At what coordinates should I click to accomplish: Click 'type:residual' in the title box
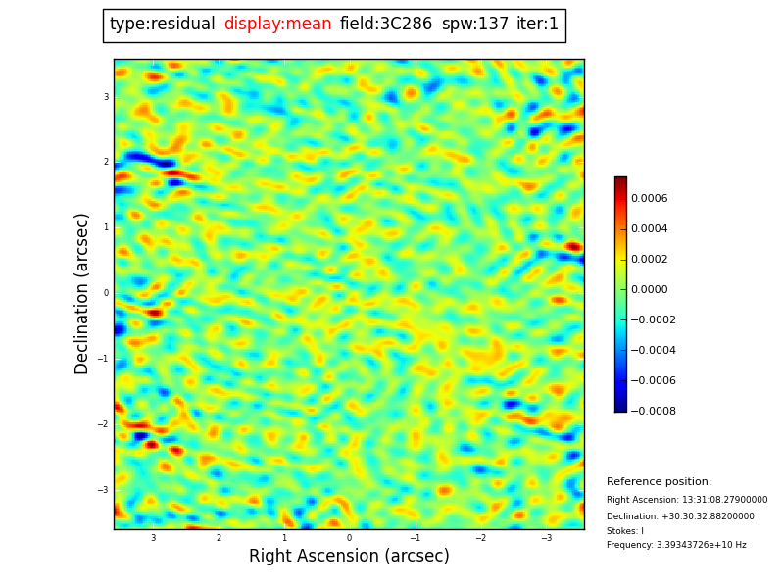(x=163, y=24)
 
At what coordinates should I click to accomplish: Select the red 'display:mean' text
(x=277, y=24)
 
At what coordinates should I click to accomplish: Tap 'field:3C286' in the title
(x=386, y=24)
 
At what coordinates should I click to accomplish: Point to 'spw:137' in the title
(x=475, y=24)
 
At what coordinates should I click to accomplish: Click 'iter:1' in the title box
(x=538, y=24)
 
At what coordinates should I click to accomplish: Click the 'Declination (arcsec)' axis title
(x=82, y=293)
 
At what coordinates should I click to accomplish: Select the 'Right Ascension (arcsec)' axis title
(x=349, y=556)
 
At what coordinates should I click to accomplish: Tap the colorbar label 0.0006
(x=649, y=199)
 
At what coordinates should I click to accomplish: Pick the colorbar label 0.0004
(x=649, y=229)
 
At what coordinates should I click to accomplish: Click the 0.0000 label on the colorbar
(x=649, y=290)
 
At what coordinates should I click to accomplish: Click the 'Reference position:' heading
(x=659, y=482)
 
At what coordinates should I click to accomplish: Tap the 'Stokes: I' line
(x=625, y=531)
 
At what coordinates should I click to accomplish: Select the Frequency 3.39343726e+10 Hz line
(x=676, y=545)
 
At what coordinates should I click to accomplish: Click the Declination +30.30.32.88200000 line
(x=680, y=516)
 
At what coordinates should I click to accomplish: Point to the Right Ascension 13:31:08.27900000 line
(x=687, y=500)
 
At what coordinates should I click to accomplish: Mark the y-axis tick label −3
(x=105, y=490)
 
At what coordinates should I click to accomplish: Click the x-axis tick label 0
(x=349, y=538)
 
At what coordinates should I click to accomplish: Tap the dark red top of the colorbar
(x=620, y=181)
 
